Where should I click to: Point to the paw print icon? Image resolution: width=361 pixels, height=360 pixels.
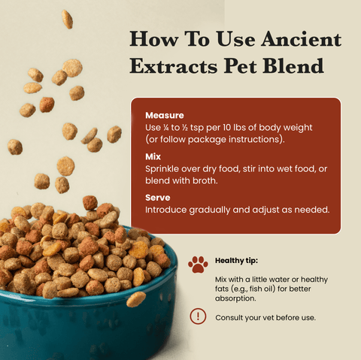point(198,264)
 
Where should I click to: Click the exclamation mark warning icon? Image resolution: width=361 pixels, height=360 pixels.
point(198,316)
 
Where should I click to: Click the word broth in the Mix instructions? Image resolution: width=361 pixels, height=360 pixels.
point(205,180)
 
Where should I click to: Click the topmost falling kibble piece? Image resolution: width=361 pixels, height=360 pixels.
point(67,18)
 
